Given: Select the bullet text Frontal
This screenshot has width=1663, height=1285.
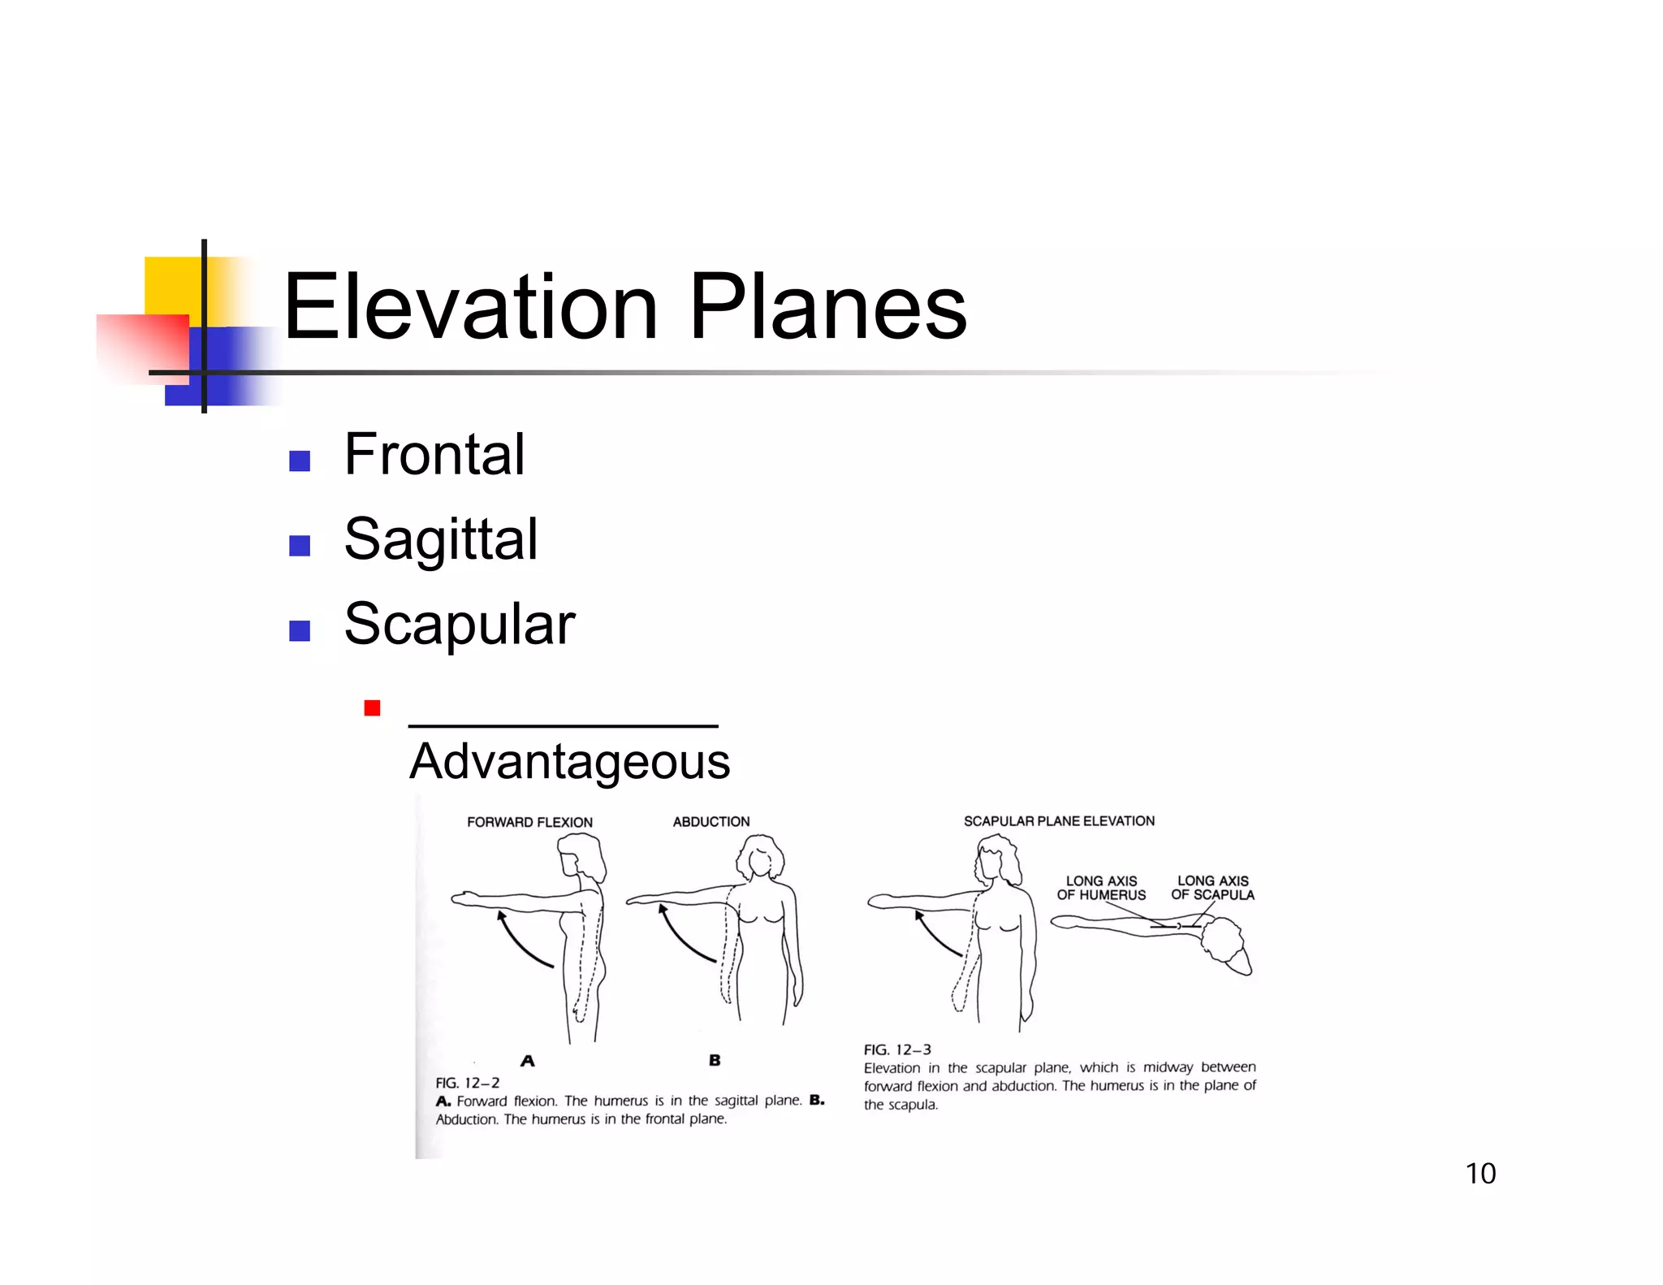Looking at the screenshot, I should tap(434, 454).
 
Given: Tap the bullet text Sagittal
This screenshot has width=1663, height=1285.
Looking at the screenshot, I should tap(440, 539).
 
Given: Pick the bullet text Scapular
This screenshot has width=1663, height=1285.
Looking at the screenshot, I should tap(459, 625).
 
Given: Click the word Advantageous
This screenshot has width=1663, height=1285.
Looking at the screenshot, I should tap(569, 762).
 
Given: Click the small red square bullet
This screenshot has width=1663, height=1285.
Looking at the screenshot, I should tap(372, 708).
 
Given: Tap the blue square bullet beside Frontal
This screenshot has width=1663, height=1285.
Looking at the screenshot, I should tap(300, 461).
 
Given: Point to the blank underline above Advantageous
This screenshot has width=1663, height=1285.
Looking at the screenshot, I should tap(563, 725).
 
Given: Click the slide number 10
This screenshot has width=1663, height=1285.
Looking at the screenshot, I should tap(1479, 1174).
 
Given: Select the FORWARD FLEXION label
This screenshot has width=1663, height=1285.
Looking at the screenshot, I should tap(529, 822).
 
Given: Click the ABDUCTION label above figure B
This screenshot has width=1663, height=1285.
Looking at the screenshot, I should tap(711, 822).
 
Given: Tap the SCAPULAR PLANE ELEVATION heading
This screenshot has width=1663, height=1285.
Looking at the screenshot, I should tap(1059, 821).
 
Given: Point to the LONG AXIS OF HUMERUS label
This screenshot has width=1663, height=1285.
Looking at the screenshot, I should tap(1101, 888).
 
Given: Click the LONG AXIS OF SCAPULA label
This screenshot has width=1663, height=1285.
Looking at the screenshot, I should tap(1212, 888).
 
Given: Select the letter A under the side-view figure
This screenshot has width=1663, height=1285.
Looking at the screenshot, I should tap(528, 1061).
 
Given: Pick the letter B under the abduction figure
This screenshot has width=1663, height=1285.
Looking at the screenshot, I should tap(715, 1060).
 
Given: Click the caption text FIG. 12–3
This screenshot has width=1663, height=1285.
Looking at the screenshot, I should tap(896, 1049).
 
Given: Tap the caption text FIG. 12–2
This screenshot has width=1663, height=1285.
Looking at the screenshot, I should tap(467, 1083).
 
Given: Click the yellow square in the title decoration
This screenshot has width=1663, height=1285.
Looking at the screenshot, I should tap(172, 284).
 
